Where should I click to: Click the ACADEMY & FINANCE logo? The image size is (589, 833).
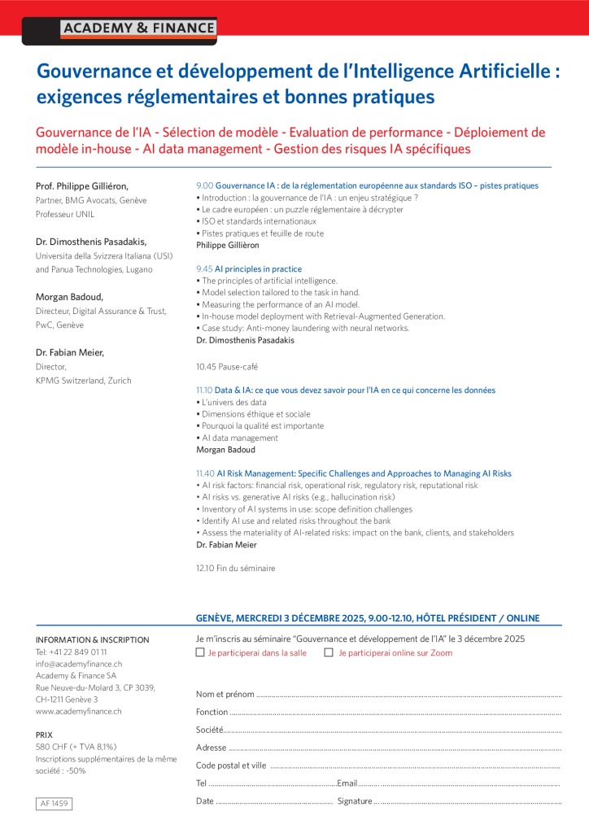[137, 28]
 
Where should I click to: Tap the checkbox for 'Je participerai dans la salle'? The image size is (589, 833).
[200, 652]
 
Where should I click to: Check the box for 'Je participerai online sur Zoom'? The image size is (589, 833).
[329, 652]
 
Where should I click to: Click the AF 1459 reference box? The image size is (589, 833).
[55, 804]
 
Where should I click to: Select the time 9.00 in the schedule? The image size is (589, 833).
[204, 185]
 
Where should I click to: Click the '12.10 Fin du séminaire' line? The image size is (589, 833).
[235, 568]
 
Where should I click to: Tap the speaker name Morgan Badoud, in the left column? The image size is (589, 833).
[68, 297]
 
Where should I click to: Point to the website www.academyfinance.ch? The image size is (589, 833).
[79, 711]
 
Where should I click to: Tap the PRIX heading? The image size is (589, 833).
[45, 735]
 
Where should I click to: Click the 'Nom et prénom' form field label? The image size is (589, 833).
[225, 694]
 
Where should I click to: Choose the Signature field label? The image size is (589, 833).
[355, 801]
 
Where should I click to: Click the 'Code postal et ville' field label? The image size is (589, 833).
[231, 765]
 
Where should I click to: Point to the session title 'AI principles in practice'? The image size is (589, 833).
[258, 269]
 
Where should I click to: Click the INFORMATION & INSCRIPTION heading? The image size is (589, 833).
[93, 640]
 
